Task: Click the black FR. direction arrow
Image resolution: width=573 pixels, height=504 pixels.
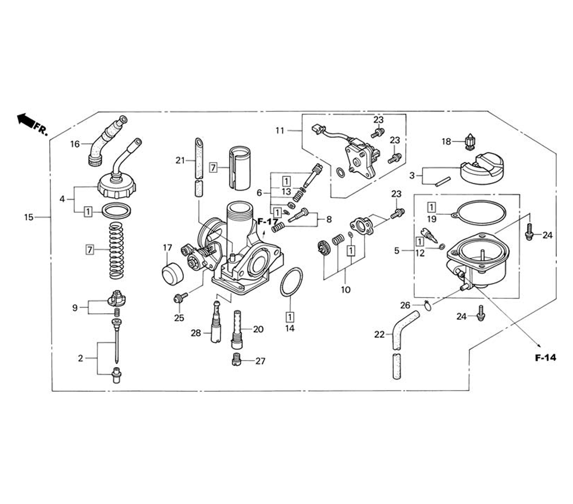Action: pos(25,120)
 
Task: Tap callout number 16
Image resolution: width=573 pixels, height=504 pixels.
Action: pos(75,144)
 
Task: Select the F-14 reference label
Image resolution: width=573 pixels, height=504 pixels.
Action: pos(545,359)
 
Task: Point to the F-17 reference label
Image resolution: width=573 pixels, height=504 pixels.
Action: pos(267,222)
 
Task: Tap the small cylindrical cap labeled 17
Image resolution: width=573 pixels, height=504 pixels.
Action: pos(171,273)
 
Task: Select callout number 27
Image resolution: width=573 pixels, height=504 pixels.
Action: pos(261,361)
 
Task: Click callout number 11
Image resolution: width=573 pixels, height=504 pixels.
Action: pos(280,131)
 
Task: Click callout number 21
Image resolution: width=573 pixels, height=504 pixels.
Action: pos(179,160)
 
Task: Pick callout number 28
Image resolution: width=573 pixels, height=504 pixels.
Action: pos(197,333)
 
